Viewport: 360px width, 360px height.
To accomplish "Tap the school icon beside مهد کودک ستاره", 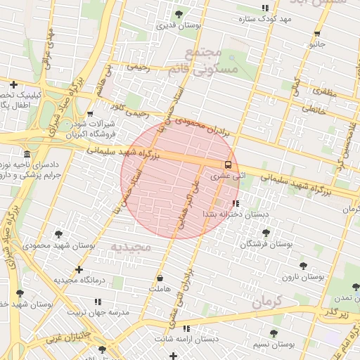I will pyautogui.click(x=265, y=8).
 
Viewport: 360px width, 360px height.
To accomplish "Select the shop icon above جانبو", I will pyautogui.click(x=317, y=34).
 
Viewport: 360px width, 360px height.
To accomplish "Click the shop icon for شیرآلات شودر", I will pyautogui.click(x=89, y=114).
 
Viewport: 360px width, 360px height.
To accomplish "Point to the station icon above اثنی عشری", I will pyautogui.click(x=227, y=163).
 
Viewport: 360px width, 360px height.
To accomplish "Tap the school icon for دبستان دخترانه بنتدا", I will pyautogui.click(x=235, y=204).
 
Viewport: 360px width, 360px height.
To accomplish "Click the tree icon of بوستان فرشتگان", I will pyautogui.click(x=265, y=233).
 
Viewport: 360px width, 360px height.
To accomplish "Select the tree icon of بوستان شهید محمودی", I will pyautogui.click(x=58, y=234).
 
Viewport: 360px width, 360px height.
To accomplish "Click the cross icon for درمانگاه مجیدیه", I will pyautogui.click(x=79, y=269).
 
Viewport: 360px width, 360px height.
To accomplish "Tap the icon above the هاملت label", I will pyautogui.click(x=160, y=278).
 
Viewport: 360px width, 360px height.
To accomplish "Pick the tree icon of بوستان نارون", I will pyautogui.click(x=303, y=266).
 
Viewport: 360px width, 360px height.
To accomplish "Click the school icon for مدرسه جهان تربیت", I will pyautogui.click(x=88, y=302).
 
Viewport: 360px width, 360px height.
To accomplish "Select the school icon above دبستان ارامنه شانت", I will pyautogui.click(x=186, y=328).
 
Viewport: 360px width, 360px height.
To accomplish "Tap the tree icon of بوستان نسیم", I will pyautogui.click(x=274, y=333).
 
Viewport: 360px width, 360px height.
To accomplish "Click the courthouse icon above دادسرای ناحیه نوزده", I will pyautogui.click(x=27, y=154).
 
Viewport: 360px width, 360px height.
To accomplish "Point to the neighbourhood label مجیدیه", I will pyautogui.click(x=131, y=247).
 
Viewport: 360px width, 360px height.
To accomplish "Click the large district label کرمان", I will pyautogui.click(x=265, y=302).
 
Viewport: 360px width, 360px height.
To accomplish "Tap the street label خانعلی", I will pyautogui.click(x=314, y=110).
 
